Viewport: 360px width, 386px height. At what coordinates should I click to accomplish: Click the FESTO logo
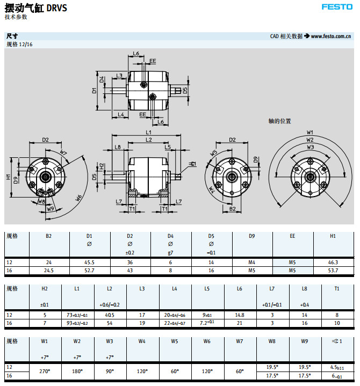point(336,7)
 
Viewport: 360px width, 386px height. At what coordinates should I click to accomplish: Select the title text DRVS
point(57,8)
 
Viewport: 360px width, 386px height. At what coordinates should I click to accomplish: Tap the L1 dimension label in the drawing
point(149,132)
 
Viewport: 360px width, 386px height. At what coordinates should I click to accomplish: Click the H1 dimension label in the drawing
point(9,177)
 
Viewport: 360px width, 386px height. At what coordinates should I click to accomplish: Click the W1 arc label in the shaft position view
point(310,132)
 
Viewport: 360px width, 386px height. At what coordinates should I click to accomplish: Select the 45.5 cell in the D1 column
point(90,263)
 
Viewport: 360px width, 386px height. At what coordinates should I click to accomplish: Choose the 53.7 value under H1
point(333,271)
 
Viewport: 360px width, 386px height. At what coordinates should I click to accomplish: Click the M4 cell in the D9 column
point(251,263)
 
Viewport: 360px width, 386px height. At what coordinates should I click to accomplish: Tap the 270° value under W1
point(45,370)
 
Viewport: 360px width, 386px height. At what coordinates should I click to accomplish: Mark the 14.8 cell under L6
point(239,315)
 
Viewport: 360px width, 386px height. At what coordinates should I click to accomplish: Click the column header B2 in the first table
point(49,236)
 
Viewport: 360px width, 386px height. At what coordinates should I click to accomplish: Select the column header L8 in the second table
point(305,288)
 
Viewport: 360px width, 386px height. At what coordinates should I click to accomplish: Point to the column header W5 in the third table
point(175,341)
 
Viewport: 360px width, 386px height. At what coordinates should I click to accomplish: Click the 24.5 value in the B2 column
point(49,271)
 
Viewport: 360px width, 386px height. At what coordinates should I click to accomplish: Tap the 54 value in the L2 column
point(110,323)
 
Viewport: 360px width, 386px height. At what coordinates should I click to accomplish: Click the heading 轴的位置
point(279,121)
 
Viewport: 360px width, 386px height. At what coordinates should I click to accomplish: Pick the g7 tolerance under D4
point(170,252)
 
